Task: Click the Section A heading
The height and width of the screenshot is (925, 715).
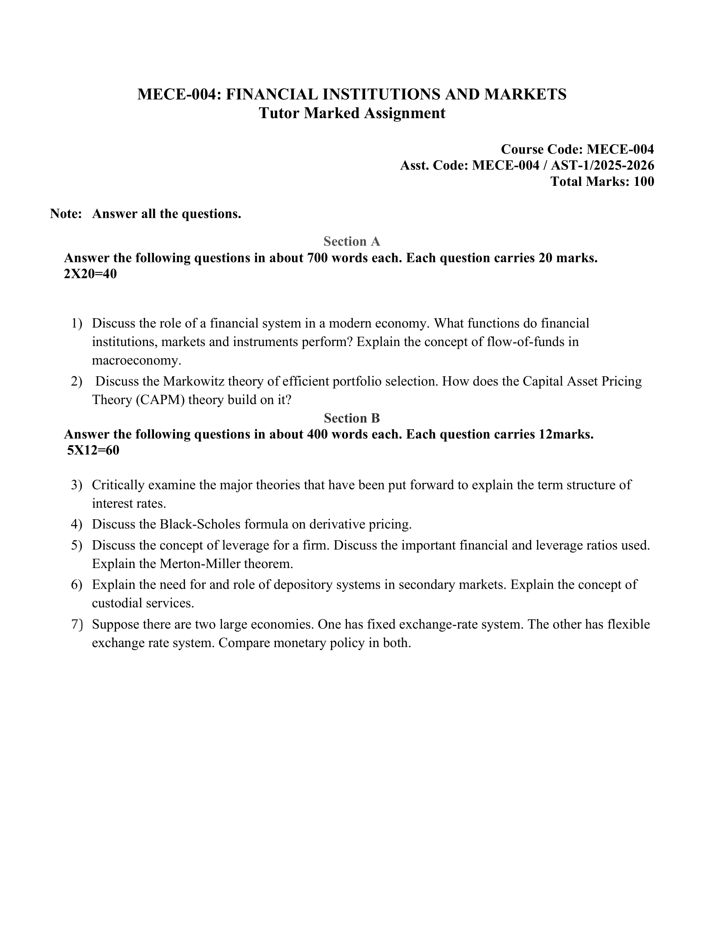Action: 352,241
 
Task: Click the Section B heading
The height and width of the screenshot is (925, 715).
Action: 352,418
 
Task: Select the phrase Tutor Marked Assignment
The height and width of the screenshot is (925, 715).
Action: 352,113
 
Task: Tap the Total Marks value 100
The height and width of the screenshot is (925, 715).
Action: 643,181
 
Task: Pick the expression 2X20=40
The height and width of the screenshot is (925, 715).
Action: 90,274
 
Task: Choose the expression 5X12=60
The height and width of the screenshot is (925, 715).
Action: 93,450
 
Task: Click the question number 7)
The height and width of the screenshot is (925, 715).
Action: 76,624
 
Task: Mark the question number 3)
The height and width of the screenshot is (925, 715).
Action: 76,485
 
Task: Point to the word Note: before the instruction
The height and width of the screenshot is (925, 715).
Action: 66,214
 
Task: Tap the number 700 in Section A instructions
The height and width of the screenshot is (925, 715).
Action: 316,258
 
